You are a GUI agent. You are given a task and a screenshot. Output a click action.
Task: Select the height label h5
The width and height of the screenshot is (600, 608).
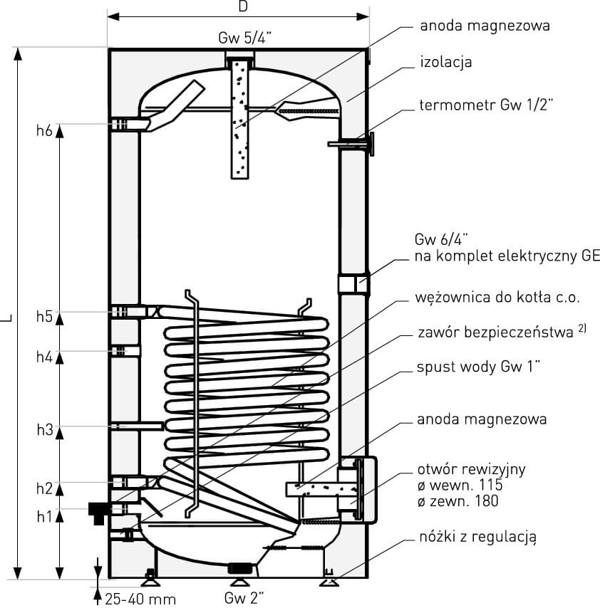pos(44,317)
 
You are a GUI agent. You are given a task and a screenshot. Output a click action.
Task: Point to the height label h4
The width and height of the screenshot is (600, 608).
pos(44,357)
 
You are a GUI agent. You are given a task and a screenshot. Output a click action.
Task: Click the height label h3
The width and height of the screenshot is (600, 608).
pos(44,429)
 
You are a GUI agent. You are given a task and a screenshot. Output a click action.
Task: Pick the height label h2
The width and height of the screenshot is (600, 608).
pos(44,488)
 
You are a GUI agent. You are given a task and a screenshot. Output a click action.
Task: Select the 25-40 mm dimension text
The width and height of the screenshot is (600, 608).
pos(140,598)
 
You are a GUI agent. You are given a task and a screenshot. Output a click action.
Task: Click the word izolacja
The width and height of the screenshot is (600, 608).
pos(446,63)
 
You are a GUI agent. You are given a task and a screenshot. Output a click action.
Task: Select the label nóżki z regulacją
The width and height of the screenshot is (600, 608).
pos(476,536)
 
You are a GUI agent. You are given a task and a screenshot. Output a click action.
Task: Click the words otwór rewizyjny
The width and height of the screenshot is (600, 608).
pos(472,470)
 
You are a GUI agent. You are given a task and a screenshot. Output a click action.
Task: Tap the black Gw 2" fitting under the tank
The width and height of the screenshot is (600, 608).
pos(239,569)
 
